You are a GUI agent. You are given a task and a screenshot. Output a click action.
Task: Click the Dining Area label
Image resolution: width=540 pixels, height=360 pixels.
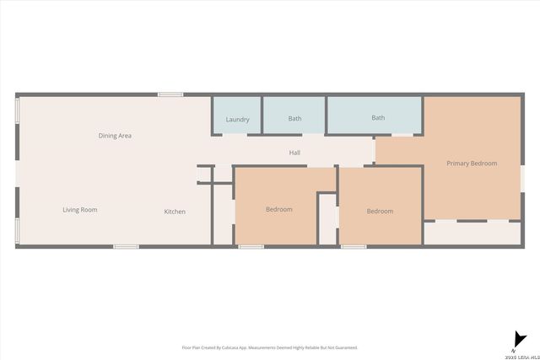[x=115, y=136]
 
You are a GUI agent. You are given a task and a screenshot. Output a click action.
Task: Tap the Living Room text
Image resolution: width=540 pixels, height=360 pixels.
[x=80, y=210]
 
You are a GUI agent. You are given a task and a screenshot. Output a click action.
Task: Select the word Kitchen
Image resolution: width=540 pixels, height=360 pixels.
[x=175, y=212]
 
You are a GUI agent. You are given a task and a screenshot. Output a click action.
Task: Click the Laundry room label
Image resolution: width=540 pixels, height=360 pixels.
[x=237, y=120]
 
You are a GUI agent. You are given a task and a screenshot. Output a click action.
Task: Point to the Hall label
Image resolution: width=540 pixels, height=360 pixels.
[x=294, y=153]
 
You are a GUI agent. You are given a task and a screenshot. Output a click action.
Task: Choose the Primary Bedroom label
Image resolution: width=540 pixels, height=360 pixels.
[x=472, y=164]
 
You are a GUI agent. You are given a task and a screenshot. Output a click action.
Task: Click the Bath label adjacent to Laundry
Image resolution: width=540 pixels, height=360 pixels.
[x=294, y=119]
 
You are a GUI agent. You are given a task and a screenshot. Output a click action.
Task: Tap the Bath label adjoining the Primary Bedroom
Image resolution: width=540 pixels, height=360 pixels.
[x=378, y=118]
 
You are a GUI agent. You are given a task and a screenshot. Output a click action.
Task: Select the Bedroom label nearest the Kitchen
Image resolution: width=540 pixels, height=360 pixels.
[x=278, y=210]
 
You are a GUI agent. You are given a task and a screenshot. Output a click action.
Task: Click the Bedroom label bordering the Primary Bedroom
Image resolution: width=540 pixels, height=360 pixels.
[x=380, y=212]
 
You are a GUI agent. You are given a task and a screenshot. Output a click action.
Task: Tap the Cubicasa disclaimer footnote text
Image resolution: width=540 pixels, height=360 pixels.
[x=270, y=347]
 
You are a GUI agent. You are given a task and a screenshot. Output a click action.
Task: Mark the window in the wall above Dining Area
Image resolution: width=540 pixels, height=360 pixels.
[x=170, y=94]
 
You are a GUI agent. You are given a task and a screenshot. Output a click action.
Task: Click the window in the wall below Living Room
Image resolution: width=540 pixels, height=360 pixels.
[x=126, y=246]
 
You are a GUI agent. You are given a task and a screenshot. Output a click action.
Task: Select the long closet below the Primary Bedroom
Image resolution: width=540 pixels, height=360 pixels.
[x=472, y=233]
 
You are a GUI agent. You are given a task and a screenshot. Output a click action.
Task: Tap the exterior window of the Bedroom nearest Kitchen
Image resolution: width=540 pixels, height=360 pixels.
[x=251, y=246]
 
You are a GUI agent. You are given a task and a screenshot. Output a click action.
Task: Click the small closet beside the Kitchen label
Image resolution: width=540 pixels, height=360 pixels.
[x=223, y=215]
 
